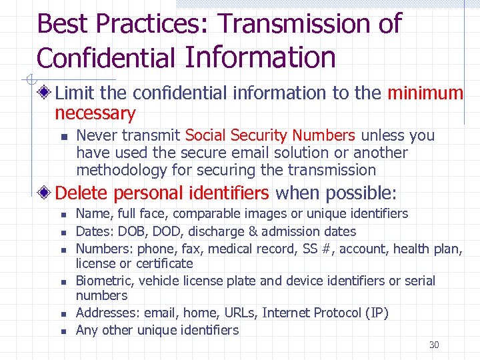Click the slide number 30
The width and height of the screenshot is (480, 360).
pos(434,345)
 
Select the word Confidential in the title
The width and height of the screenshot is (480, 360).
pos(105,58)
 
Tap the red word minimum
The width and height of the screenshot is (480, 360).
pos(425,93)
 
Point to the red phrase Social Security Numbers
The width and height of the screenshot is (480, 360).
pos(270,135)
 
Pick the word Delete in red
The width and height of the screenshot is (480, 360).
pos(82,193)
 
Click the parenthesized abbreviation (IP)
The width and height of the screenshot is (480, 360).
pos(376,313)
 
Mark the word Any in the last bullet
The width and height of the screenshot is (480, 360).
pos(87,330)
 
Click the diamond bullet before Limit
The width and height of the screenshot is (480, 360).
pos(45,93)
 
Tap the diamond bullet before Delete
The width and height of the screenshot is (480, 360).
pos(45,193)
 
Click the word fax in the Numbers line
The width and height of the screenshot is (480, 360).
pos(183,249)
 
